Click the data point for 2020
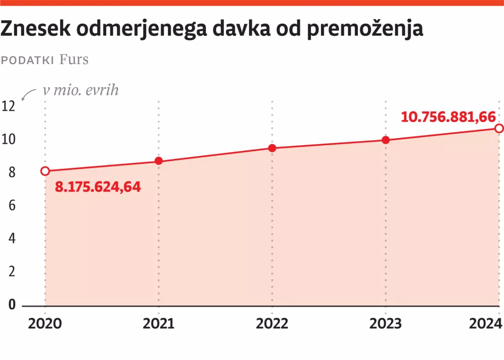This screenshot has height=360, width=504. tap(45, 171)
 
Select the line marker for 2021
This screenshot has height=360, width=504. tap(159, 161)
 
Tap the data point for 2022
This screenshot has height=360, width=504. tap(272, 148)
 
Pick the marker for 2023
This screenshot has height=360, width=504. tap(386, 140)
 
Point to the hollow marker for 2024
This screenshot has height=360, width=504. tap(498, 129)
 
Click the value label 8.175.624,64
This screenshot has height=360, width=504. tap(98, 188)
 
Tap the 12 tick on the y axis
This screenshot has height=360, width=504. tap(9, 106)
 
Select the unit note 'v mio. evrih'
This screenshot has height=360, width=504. tap(81, 90)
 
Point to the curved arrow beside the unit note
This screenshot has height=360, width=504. tap(29, 94)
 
